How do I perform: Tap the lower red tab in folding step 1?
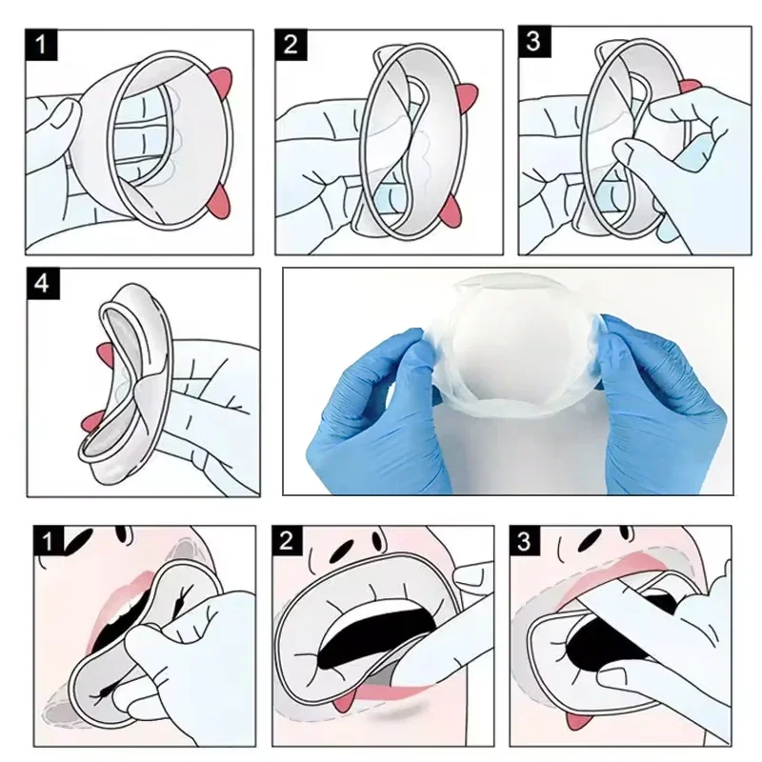[220, 200]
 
